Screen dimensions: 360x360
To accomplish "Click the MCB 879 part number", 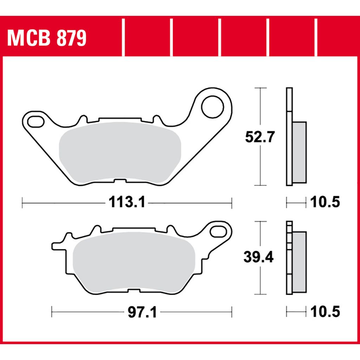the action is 47,38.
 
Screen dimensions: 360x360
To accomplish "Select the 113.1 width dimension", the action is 127,202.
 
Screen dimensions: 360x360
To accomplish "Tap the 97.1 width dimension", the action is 142,312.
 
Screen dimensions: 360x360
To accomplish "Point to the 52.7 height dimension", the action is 260,137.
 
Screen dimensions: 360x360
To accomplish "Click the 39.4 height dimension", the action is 258,257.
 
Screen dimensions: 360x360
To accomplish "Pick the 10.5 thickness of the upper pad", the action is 325,202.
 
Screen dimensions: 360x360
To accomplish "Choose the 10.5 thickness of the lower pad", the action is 325,312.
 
